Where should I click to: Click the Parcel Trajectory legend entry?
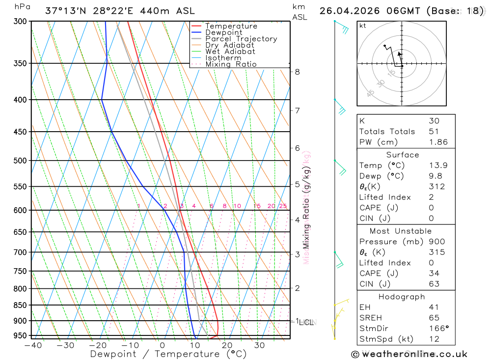(241, 39)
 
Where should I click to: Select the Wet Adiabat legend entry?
(230, 52)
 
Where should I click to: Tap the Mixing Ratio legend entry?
(231, 64)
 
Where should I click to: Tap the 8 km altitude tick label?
(297, 72)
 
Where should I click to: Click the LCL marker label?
(306, 322)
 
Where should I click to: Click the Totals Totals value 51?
(433, 131)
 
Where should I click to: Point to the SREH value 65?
(434, 318)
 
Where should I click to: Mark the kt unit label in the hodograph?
(363, 26)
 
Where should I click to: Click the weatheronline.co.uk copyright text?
(409, 354)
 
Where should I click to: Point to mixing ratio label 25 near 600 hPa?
(283, 206)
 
